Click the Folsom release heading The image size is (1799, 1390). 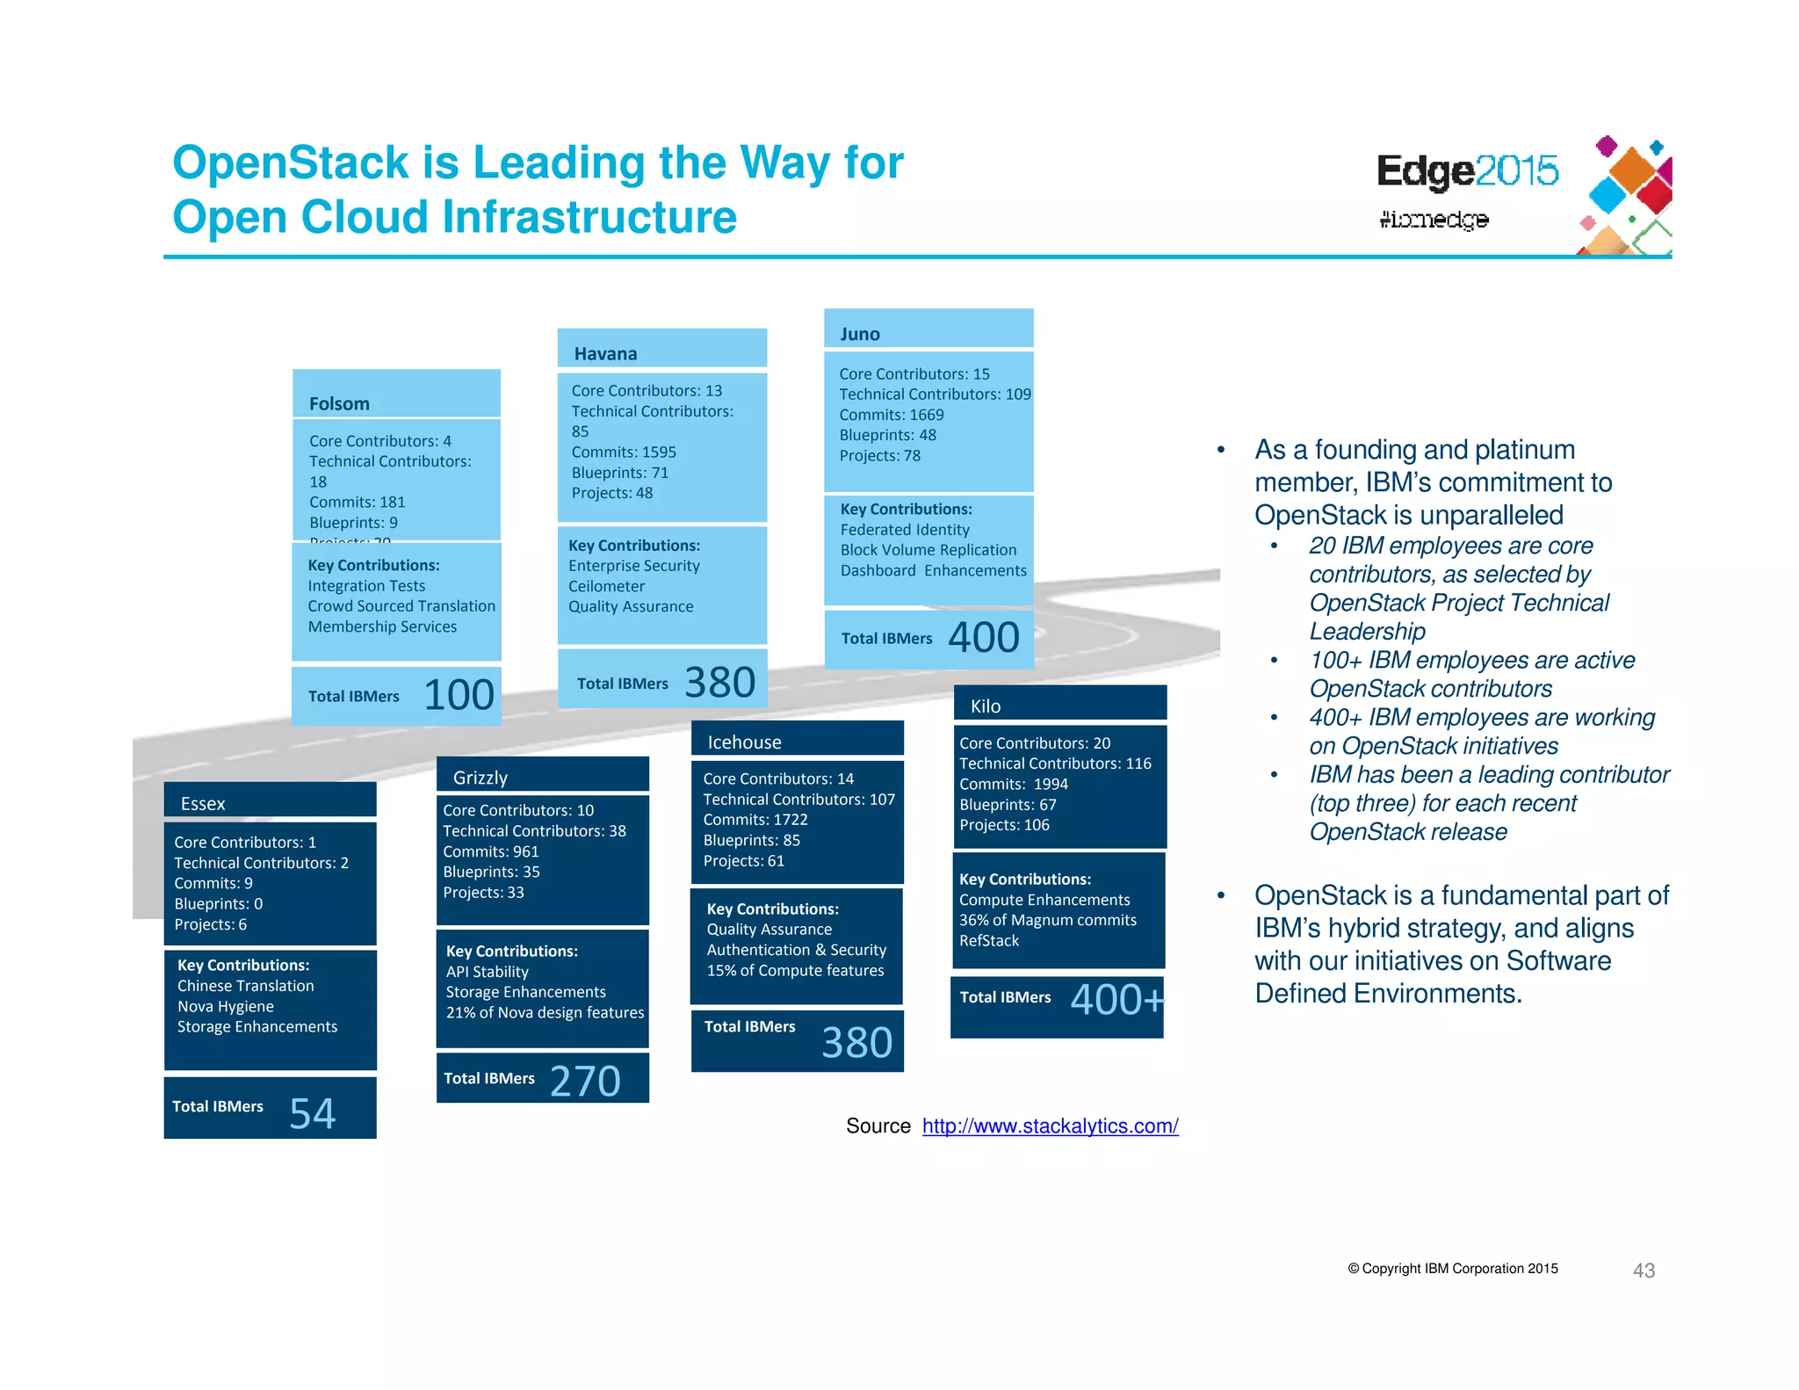(339, 403)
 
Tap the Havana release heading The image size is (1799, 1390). (605, 353)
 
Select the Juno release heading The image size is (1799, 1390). (859, 334)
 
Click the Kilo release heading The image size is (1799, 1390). (985, 706)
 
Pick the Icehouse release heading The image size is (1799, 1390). (744, 742)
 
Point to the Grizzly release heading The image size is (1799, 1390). (480, 778)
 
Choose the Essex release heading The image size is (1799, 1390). (203, 803)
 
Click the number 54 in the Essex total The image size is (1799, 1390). (312, 1112)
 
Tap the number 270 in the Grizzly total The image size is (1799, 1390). (585, 1080)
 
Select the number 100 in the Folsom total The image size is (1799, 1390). (459, 695)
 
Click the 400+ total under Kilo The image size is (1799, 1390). (1116, 999)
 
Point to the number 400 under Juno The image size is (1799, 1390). (983, 637)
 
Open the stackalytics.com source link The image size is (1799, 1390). (1050, 1126)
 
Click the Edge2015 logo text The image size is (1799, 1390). (1467, 171)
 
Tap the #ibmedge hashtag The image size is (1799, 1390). (1434, 219)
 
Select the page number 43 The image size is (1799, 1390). (1644, 1270)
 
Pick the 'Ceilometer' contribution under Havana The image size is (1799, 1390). (606, 586)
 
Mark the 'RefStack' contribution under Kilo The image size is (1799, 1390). (989, 940)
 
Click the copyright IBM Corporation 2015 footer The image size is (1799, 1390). (1453, 1268)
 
